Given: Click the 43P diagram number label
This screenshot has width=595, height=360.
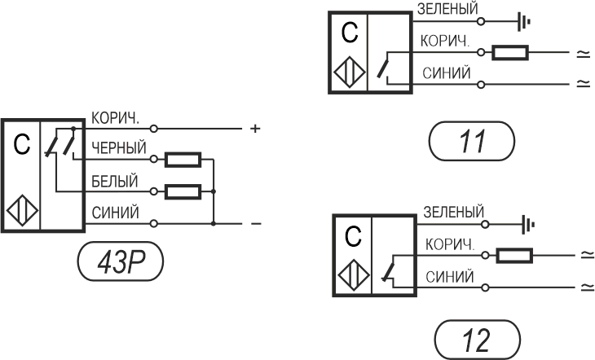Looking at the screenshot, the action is [x=121, y=261].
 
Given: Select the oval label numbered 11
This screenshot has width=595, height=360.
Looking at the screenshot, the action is [x=472, y=141].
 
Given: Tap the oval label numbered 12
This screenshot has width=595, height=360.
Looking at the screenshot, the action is [x=477, y=340].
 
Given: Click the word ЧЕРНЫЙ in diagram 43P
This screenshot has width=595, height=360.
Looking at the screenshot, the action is [x=119, y=148].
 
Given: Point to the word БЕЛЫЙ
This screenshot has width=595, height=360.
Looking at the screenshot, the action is [x=115, y=181].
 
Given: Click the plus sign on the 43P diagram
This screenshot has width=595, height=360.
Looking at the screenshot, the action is [x=255, y=129].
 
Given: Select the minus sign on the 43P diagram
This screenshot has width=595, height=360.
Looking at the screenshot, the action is [x=256, y=224].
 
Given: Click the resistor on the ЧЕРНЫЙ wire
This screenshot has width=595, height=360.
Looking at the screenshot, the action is [x=183, y=160].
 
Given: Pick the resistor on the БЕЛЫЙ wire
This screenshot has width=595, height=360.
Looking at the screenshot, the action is [x=183, y=191].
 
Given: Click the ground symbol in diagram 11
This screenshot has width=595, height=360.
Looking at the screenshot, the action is [x=524, y=22].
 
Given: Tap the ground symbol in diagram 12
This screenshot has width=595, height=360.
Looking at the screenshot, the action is [x=528, y=225].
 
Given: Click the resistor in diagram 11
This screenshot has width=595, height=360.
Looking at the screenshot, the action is [x=510, y=53].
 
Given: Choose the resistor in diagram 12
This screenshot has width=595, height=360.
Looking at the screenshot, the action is [x=514, y=256].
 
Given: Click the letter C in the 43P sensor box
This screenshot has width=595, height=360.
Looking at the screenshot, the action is [x=22, y=144].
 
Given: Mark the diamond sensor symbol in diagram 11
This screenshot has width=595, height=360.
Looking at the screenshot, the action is [x=350, y=72].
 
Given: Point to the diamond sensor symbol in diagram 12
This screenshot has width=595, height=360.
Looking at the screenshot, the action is [x=354, y=275].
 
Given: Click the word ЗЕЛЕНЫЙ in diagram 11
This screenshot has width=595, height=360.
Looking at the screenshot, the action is [x=447, y=9].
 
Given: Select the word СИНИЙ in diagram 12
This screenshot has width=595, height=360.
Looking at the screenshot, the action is [x=450, y=277].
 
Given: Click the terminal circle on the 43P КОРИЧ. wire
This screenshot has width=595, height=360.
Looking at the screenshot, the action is [x=154, y=129].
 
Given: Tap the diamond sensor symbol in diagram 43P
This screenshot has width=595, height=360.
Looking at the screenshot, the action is [x=22, y=210].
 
